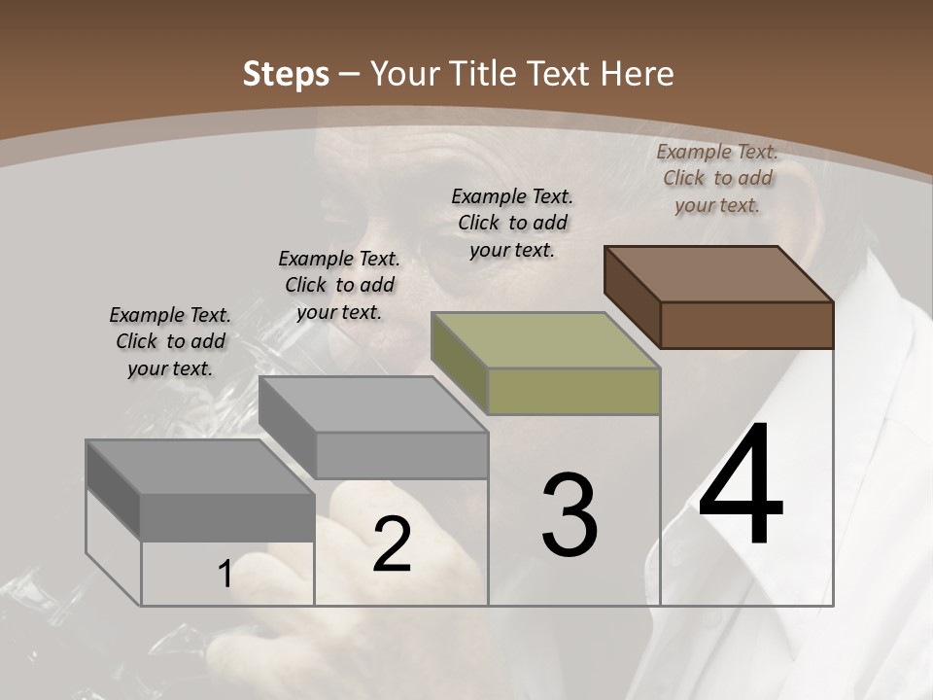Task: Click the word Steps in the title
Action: point(286,74)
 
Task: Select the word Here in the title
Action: point(637,74)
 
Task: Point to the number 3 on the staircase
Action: point(570,515)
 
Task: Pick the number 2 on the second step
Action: point(392,544)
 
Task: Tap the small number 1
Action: point(225,575)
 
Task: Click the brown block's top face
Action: point(718,274)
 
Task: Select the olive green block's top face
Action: point(545,340)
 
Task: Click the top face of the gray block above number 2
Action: point(373,403)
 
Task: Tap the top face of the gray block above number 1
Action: point(200,467)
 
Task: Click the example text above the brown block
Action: point(717,178)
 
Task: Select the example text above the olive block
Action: point(512,223)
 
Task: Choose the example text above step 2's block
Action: point(339,285)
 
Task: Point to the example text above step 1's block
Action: point(170,341)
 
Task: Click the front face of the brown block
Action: point(746,325)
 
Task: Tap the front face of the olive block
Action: point(573,391)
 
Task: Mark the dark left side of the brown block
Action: point(632,297)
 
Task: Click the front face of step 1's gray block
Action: point(227,517)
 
